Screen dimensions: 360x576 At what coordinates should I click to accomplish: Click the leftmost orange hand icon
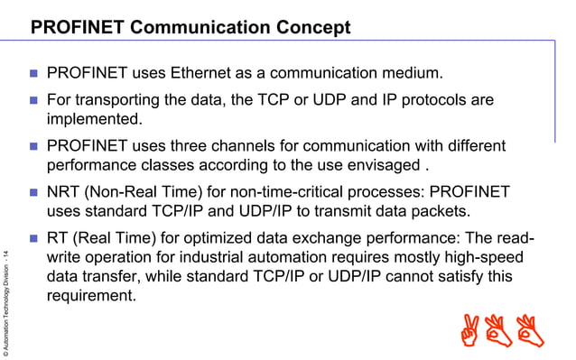(x=470, y=331)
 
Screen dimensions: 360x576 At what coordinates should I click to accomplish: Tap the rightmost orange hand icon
(x=531, y=331)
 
